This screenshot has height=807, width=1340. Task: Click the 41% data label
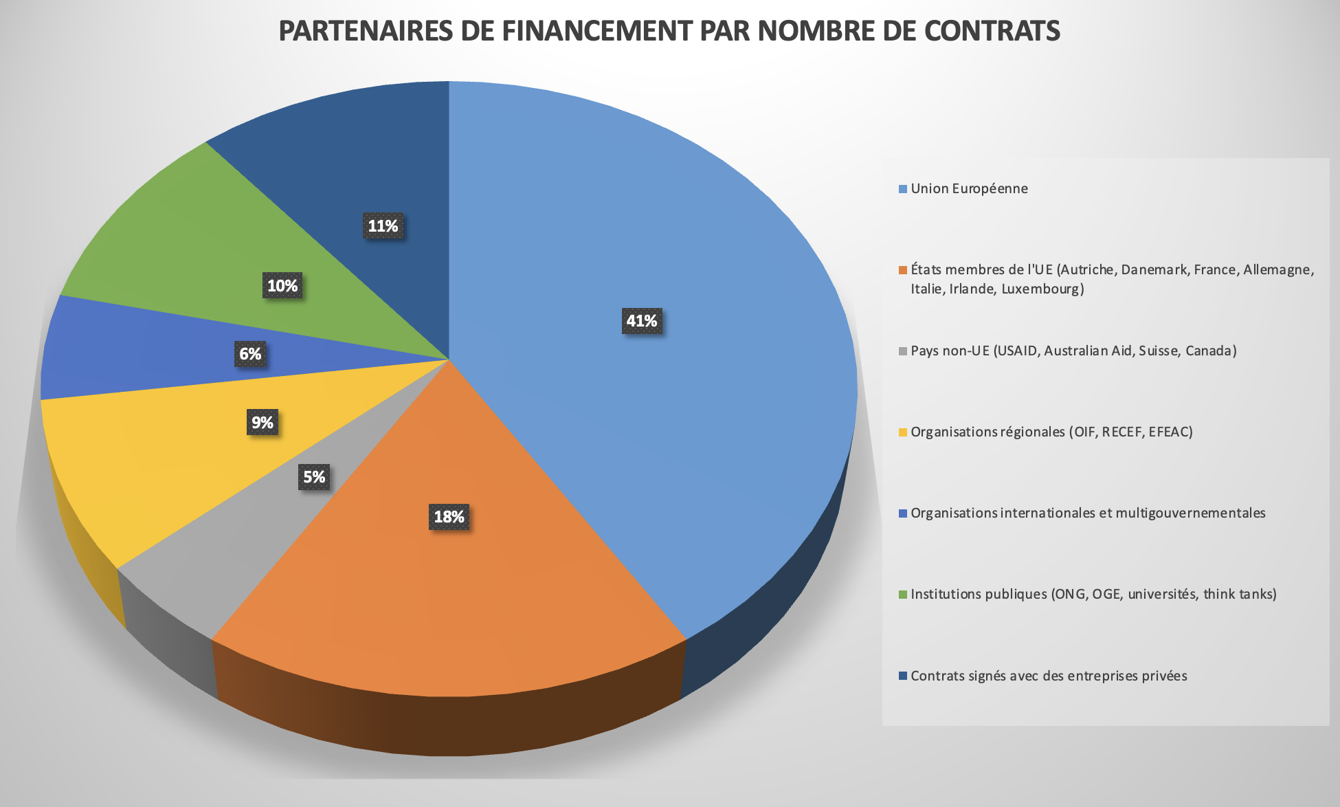(642, 321)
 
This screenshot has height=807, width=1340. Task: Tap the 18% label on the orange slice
(449, 517)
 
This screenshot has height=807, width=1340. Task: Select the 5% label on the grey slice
(314, 477)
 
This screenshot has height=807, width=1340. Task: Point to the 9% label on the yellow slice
(263, 422)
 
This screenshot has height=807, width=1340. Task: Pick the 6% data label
(250, 354)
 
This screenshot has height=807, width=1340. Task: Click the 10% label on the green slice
(282, 286)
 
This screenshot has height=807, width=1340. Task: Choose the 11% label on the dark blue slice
(383, 226)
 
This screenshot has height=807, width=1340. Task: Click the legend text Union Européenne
(969, 189)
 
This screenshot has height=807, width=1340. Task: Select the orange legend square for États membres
(903, 270)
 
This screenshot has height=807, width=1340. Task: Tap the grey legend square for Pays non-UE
(903, 351)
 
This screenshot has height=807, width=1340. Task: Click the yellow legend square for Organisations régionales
(903, 432)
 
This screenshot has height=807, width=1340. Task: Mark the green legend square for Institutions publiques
(903, 595)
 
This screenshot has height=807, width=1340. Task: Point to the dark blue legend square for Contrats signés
(903, 676)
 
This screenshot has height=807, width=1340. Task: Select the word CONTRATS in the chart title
(992, 31)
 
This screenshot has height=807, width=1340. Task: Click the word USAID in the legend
(1018, 351)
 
